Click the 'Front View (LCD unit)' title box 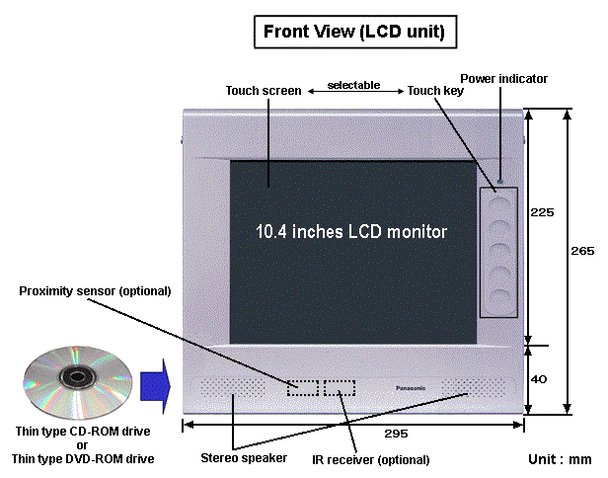coord(353,32)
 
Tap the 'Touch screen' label coord(264,91)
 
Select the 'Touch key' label coord(433,91)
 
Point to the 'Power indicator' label coord(503,78)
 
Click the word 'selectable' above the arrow coord(353,85)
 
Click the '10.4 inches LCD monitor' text coord(351,232)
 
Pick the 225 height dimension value coord(543,211)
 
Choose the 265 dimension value coord(582,251)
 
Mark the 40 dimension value coord(541,378)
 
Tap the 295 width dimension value coord(353,435)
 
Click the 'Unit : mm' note coord(559,459)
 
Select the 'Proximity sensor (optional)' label coord(95,291)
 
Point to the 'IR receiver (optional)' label coord(370,459)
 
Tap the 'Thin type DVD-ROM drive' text coord(83,457)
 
